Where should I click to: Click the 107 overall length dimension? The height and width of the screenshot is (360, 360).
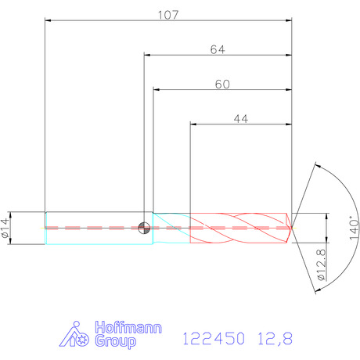168,15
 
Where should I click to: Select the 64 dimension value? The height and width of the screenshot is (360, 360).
218,49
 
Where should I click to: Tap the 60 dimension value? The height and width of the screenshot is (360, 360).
222,85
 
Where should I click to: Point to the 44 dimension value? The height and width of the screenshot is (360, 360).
241,119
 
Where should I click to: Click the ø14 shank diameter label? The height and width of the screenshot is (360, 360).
5,228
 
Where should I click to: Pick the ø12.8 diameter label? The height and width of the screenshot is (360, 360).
322,265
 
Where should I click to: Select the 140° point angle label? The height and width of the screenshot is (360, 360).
354,228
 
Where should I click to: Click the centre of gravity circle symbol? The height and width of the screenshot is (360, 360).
144,228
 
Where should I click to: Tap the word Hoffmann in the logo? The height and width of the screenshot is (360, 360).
128,327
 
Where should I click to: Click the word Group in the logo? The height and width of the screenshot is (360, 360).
115,341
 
